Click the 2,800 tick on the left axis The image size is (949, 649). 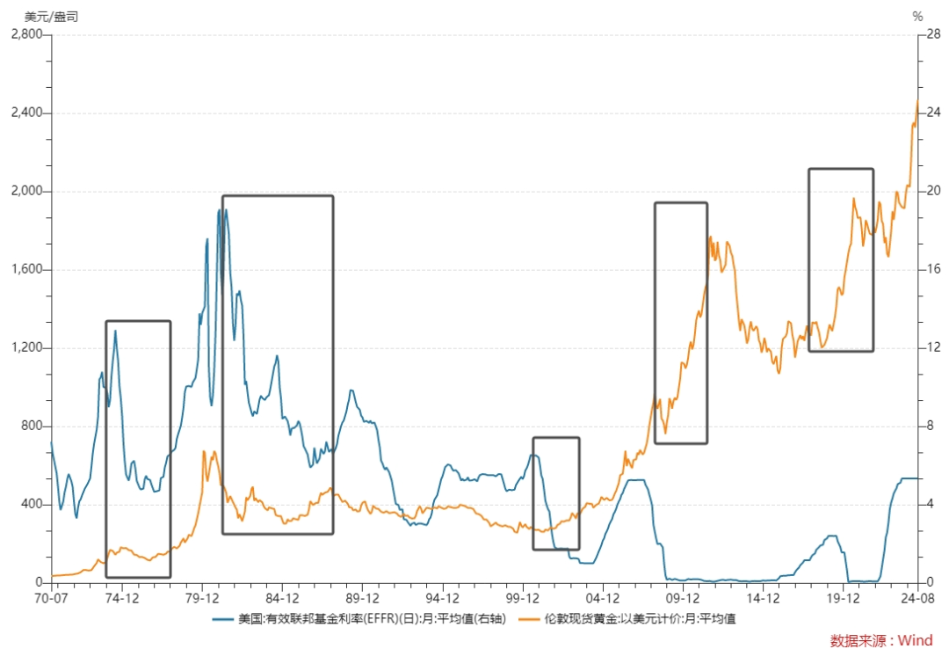27,34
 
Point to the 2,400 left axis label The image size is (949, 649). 27,112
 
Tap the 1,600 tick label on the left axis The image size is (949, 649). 27,269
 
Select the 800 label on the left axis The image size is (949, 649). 33,426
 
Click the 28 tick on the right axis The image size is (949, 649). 934,34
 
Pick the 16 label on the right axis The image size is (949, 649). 934,269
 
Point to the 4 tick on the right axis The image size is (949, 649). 931,504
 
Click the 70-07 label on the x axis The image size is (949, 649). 51,598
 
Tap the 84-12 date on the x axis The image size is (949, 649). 283,598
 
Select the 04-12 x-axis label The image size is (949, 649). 603,598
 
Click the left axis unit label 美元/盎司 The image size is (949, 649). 52,17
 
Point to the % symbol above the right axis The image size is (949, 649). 918,17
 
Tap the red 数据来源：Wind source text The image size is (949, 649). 881,640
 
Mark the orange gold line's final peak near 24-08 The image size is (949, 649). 917,100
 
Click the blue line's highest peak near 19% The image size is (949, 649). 219,210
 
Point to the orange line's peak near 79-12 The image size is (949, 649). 204,451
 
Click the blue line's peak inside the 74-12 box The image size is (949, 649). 116,331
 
